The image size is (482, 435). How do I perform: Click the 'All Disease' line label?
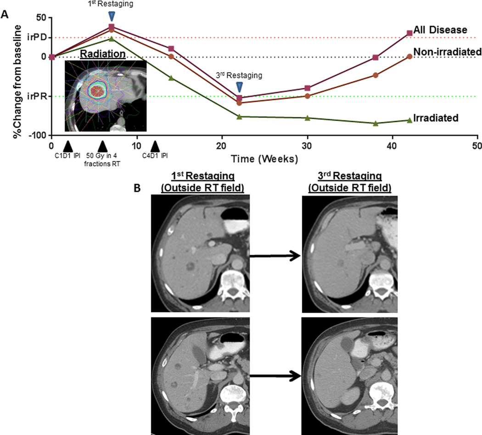[x=440, y=30]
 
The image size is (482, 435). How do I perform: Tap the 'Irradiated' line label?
[x=436, y=118]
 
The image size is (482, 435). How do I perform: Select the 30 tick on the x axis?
[x=307, y=146]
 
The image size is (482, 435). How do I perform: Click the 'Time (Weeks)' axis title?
[x=264, y=158]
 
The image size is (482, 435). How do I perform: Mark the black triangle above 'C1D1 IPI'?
[x=67, y=146]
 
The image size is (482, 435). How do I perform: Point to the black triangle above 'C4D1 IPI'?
[x=156, y=146]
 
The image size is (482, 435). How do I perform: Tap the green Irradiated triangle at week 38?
[x=376, y=124]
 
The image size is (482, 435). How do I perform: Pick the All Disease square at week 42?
[x=396, y=33]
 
